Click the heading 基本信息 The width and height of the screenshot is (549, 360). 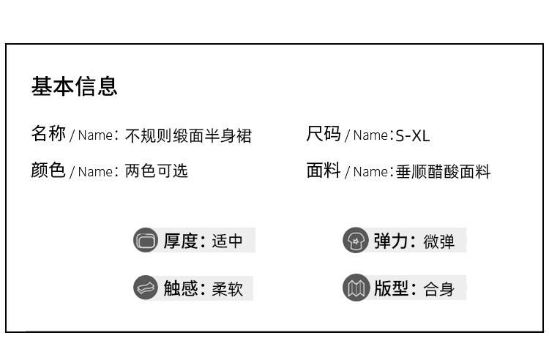pos(74,86)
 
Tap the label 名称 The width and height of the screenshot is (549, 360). pos(48,134)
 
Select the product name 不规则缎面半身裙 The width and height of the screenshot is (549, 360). pos(188,136)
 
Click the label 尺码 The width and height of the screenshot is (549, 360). pos(324,134)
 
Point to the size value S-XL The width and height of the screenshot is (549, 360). pos(412,136)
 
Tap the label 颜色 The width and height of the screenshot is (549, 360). pos(48,170)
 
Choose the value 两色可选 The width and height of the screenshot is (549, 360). pos(156,171)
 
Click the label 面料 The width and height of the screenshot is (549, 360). pos(324,170)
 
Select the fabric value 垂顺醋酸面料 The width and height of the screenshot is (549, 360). pos(443,172)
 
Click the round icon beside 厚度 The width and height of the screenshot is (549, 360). pos(146,240)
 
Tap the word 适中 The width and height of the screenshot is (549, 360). pos(227,241)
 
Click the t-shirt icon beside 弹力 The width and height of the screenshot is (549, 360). pos(355,240)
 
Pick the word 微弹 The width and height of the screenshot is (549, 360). pos(438,241)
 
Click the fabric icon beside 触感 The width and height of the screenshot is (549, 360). pos(146,288)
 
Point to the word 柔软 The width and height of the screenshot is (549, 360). pos(227,289)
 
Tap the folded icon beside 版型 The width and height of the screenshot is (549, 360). pos(355,288)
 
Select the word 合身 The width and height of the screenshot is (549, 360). pos(438,289)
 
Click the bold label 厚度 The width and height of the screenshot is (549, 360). pos(181,241)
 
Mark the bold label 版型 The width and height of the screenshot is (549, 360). pos(391,288)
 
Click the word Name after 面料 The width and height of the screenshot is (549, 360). pos(370,172)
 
